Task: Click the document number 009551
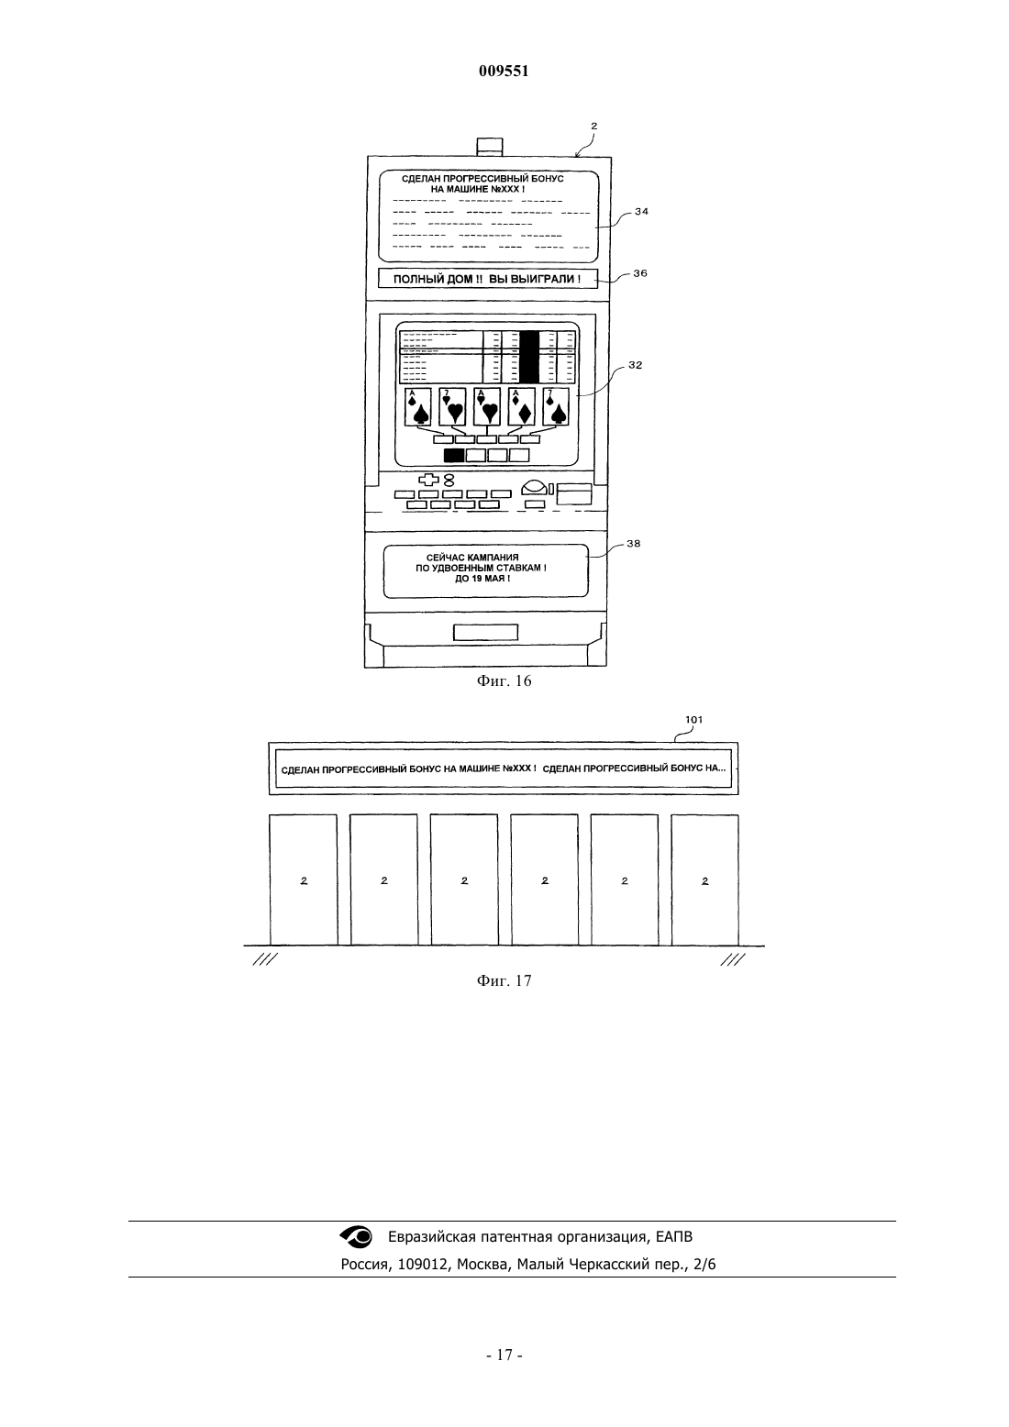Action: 504,72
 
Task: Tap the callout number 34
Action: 641,212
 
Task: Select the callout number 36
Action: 640,273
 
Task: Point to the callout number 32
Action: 635,365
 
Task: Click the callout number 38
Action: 633,544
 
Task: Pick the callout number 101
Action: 693,719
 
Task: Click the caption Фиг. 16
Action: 504,681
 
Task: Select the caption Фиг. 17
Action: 504,980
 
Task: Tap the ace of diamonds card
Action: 521,406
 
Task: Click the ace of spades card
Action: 418,406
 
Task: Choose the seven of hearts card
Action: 452,406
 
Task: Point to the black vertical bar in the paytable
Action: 529,357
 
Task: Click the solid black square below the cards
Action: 453,455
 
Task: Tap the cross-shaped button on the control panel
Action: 427,480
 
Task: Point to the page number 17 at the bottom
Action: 504,1355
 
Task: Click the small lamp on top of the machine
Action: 490,147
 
